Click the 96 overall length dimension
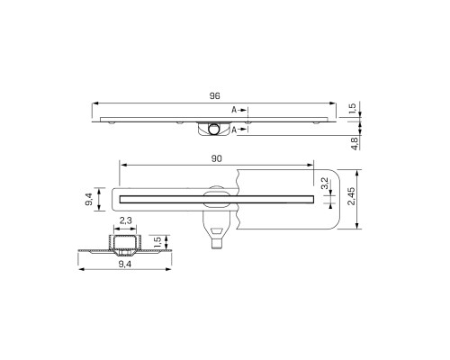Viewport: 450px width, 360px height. click(x=215, y=96)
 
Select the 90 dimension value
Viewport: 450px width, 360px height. click(x=216, y=158)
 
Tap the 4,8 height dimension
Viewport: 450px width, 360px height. click(x=355, y=143)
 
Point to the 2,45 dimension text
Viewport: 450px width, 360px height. click(x=351, y=196)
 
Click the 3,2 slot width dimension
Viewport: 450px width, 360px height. click(x=324, y=184)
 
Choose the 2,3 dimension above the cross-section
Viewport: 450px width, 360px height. click(x=125, y=220)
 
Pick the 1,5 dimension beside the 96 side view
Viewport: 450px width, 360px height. click(x=353, y=108)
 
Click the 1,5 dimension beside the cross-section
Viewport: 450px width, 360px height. click(x=157, y=242)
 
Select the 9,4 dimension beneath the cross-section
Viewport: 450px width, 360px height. click(x=125, y=264)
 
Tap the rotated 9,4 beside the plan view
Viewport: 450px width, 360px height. click(x=89, y=199)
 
